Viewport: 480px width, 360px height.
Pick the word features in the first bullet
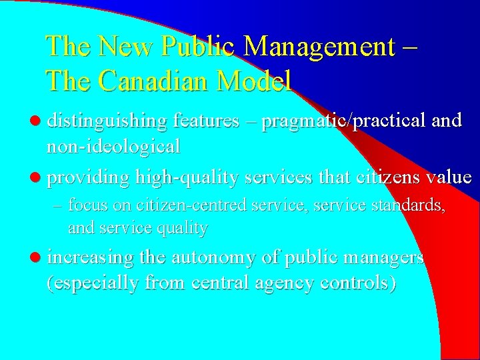click(206, 121)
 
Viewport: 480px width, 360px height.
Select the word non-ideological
click(113, 145)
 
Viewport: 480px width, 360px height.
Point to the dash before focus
click(57, 205)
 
